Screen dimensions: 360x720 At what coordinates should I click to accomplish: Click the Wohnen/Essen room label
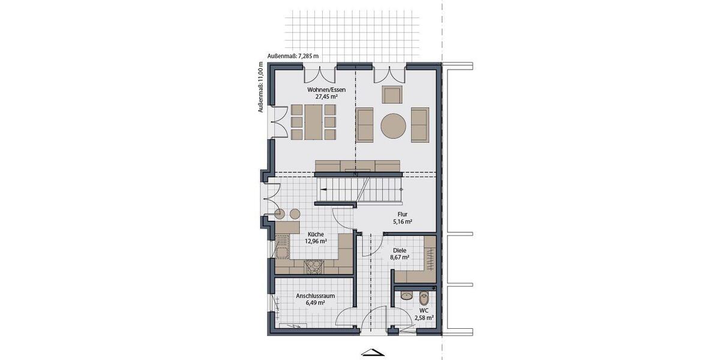pos(326,89)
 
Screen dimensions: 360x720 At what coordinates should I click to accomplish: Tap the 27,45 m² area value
pos(326,96)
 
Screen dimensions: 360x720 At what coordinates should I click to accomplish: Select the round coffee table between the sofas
pos(393,126)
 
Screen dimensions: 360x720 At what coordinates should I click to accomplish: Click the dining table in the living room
pos(312,121)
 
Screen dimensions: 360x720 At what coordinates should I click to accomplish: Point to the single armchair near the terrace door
pos(392,95)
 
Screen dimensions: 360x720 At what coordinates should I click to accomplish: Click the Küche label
pos(317,234)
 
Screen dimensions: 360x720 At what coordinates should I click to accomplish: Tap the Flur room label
pos(403,214)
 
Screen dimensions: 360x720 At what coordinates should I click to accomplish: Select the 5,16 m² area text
pos(403,221)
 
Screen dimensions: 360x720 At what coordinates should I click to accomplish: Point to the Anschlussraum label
pos(315,296)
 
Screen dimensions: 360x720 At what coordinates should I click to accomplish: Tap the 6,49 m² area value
pos(315,303)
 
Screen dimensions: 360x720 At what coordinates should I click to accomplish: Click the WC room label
pos(424,310)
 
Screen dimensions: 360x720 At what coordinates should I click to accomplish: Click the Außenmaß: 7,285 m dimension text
pos(293,56)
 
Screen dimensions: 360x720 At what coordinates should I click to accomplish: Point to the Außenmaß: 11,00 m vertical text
pos(260,87)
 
